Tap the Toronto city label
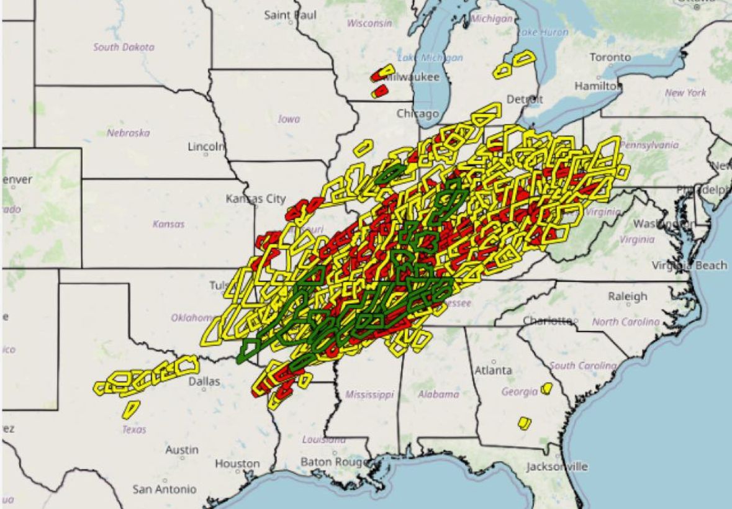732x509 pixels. pos(610,57)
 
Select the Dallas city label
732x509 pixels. pos(204,382)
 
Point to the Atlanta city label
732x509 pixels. pos(494,371)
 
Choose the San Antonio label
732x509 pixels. pos(165,489)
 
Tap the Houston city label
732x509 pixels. pos(237,464)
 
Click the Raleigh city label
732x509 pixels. pos(627,297)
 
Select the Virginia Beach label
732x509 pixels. pos(689,266)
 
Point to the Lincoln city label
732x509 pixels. pos(206,147)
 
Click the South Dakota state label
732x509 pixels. pos(124,47)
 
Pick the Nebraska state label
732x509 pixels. pos(129,133)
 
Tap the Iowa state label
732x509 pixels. pos(289,119)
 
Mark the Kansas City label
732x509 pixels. pos(256,199)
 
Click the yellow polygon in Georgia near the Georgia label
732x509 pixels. pos(546,389)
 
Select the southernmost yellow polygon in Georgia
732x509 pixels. pos(525,423)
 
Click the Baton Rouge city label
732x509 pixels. pos(330,462)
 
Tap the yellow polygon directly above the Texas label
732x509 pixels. pos(130,408)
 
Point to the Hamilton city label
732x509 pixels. pos(597,86)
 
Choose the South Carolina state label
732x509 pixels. pos(580,366)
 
